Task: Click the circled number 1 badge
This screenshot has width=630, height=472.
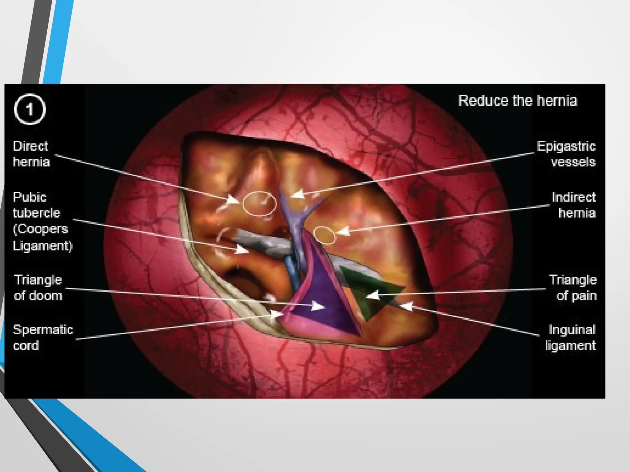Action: point(30,109)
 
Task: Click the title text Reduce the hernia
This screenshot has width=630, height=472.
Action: point(518,100)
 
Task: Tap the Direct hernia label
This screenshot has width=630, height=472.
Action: point(31,154)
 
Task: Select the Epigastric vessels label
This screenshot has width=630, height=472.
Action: point(566,154)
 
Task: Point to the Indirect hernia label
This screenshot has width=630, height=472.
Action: point(574,205)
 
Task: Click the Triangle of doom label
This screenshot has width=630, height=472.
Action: point(38,288)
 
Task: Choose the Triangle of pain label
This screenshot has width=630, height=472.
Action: point(573,288)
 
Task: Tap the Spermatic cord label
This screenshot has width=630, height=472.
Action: point(43,337)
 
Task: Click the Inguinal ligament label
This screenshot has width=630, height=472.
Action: point(571,337)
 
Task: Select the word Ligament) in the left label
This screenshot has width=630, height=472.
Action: point(43,246)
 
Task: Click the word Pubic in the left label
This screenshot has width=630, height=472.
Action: point(30,197)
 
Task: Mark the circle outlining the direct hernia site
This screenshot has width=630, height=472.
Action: point(259,203)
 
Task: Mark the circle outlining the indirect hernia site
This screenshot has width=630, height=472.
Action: point(325,235)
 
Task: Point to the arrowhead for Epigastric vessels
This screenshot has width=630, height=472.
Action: point(297,194)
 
